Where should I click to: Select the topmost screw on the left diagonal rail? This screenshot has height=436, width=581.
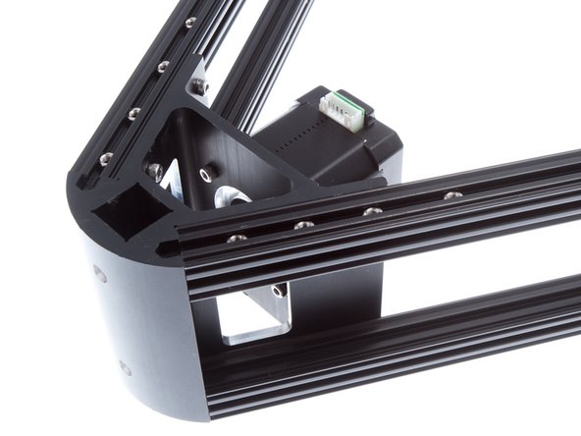click(190, 22)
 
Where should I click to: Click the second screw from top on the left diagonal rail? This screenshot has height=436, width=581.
click(163, 67)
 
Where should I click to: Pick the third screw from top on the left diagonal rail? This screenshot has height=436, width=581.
click(133, 114)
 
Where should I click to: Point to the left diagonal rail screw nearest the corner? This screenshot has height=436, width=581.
click(106, 157)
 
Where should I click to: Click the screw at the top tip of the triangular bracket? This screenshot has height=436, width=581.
click(200, 87)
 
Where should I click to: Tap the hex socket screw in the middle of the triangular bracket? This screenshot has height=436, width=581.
click(206, 174)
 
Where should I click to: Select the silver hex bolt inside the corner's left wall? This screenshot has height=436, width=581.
click(154, 171)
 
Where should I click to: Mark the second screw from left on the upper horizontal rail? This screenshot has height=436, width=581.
click(304, 225)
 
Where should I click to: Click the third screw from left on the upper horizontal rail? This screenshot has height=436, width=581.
click(370, 211)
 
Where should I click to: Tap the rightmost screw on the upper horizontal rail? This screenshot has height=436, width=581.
click(451, 195)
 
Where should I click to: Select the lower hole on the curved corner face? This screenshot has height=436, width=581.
click(124, 367)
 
